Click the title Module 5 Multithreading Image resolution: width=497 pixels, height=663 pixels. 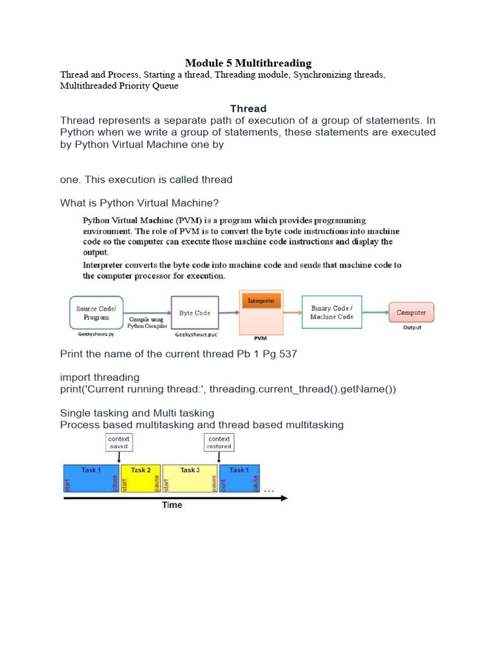coord(248,63)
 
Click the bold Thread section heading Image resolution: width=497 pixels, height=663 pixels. coord(248,108)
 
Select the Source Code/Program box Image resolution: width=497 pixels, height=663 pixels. coord(96,313)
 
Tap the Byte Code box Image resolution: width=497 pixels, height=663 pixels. coord(195,313)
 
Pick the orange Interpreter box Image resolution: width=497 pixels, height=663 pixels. coord(261,301)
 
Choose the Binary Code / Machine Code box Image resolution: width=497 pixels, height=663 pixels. coord(331,313)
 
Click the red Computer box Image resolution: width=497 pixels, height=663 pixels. coord(411,312)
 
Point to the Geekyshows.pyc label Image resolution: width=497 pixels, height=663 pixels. coord(195,335)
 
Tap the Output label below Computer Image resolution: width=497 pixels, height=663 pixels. coord(412,328)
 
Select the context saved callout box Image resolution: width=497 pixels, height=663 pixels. coord(118,442)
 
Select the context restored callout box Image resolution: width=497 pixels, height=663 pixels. coord(219,442)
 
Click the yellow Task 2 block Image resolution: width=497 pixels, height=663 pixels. coord(141,478)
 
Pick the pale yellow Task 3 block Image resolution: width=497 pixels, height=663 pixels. coord(190,478)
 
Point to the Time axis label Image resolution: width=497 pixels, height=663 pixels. coord(171,505)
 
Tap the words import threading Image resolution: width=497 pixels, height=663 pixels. coord(100,377)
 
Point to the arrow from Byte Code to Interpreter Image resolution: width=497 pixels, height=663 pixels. coord(229,313)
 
